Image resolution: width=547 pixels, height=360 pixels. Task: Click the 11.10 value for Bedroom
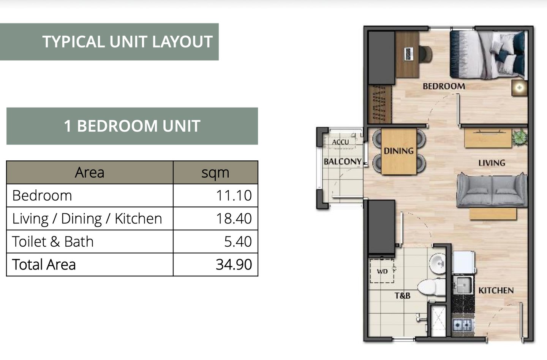tap(234, 195)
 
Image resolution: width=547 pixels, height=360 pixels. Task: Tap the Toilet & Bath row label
tap(53, 242)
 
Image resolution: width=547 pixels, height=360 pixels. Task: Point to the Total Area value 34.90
tap(234, 265)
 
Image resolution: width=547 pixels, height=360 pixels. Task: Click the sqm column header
tap(215, 173)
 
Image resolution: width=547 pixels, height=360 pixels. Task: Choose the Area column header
tap(90, 172)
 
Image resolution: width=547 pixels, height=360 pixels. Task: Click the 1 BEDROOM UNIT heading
tap(132, 126)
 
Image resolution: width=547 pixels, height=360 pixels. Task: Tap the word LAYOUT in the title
tap(182, 41)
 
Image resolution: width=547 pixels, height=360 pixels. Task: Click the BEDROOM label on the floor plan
tap(444, 86)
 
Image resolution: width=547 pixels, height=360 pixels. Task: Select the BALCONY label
tap(342, 162)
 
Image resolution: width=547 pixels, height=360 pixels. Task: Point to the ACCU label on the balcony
tap(340, 142)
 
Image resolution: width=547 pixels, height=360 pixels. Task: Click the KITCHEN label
tap(496, 290)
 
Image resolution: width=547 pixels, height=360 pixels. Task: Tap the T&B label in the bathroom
tap(402, 296)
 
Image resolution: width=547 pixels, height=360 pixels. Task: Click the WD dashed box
tap(382, 271)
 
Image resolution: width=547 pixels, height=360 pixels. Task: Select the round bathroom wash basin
tap(438, 264)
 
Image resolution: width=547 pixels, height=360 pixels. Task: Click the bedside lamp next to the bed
tap(519, 88)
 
